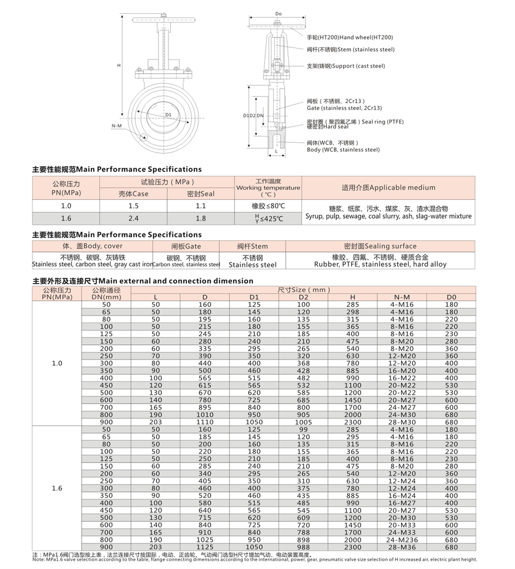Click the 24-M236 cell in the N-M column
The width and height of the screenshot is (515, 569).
pos(402,539)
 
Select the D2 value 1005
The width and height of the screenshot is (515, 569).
pos(303,423)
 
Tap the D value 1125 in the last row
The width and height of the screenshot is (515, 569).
pos(204,547)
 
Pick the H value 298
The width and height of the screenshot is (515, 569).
pos(352,312)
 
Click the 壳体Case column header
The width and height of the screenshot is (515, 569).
pos(133,194)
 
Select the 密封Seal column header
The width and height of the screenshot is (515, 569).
pos(200,194)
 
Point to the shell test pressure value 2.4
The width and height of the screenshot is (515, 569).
pos(133,218)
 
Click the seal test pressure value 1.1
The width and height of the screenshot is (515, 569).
pos(200,205)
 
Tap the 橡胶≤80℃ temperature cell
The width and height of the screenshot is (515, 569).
pos(268,206)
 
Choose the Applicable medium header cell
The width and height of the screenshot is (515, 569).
pos(388,188)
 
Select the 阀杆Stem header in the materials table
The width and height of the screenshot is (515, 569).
pos(252,246)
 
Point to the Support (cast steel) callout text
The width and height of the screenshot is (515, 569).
pos(345,66)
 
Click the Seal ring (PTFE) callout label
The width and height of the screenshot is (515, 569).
pos(355,122)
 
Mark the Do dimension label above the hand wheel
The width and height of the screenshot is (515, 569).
pos(278,13)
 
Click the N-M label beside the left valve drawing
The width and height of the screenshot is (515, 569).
pos(116,125)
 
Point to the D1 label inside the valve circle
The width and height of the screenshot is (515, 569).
pos(168,115)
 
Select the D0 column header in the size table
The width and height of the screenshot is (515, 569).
pos(451,297)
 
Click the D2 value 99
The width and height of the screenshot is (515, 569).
pos(303,430)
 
